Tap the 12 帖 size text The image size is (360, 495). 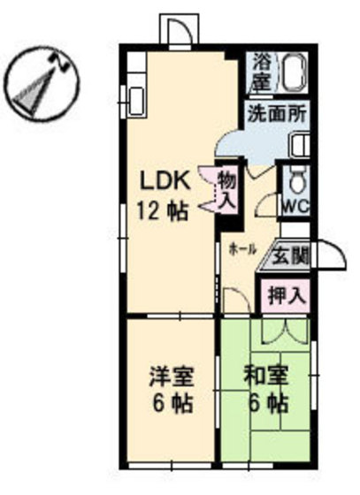tap(163, 211)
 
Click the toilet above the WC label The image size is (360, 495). tap(296, 182)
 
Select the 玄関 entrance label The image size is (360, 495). tap(289, 256)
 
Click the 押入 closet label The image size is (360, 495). tap(286, 295)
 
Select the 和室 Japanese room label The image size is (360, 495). tap(265, 376)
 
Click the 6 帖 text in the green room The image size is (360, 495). tap(265, 406)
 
